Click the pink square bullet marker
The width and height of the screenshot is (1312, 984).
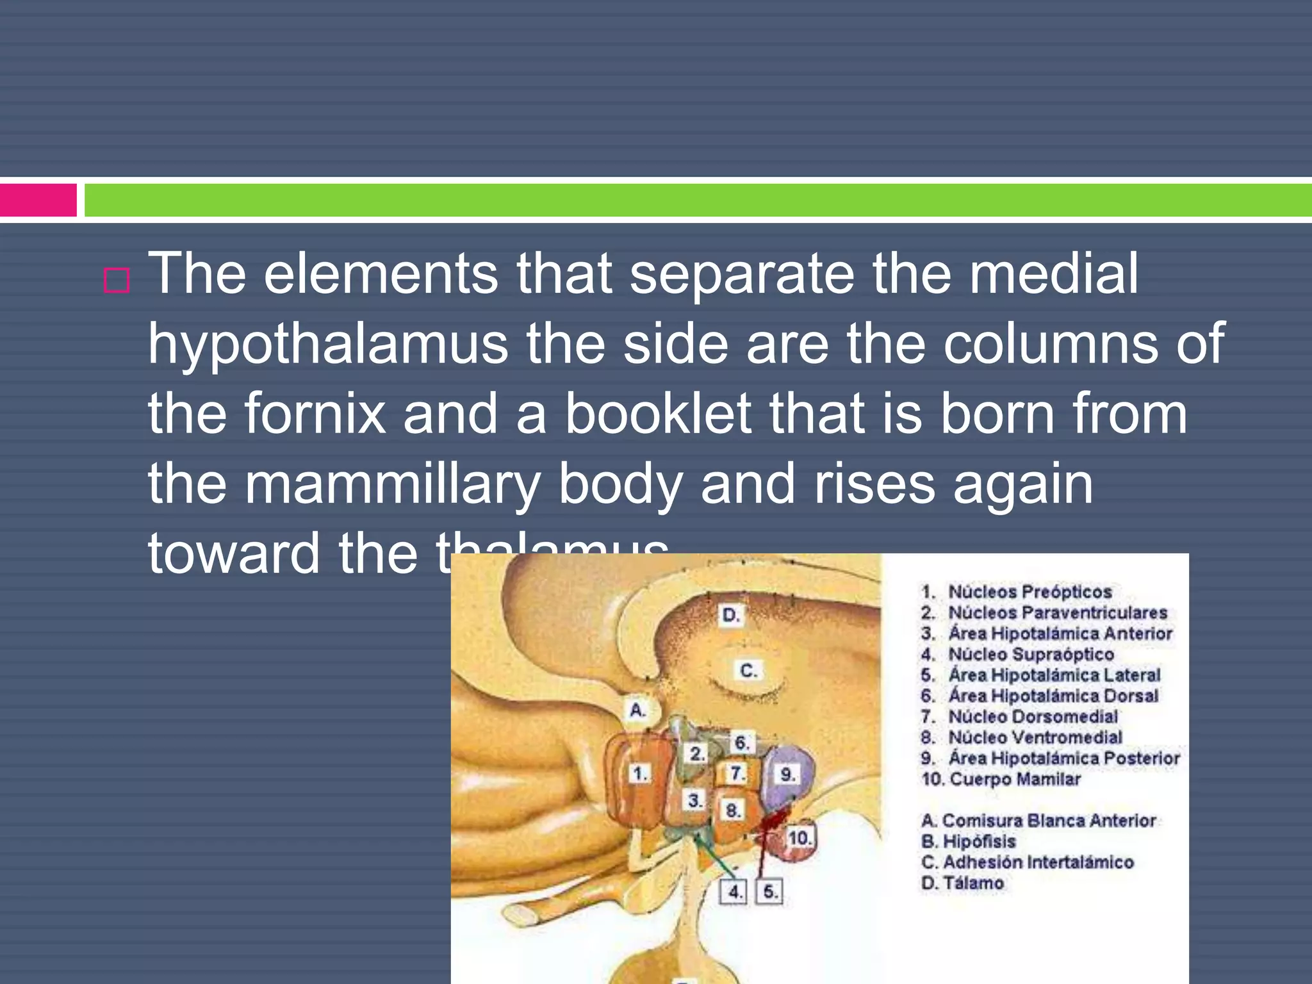(x=117, y=281)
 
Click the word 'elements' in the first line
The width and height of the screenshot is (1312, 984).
(x=381, y=274)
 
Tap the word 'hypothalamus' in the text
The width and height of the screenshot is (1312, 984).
(x=328, y=344)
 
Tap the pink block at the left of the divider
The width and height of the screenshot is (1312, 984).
(x=38, y=200)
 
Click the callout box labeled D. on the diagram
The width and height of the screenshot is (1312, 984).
(x=731, y=616)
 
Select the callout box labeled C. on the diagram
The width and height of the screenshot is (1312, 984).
(x=748, y=670)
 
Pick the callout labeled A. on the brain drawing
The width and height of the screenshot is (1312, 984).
(x=637, y=710)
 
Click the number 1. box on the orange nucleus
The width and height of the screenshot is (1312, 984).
(x=639, y=773)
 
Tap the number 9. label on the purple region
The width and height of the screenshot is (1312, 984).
(x=788, y=774)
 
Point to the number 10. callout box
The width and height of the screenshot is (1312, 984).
(x=799, y=837)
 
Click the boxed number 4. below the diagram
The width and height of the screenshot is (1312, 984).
(x=735, y=891)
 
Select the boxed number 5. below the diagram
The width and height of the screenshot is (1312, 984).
(x=770, y=891)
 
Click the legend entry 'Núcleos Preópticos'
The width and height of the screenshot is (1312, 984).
(x=1029, y=591)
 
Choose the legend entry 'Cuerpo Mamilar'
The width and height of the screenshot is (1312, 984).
(x=1015, y=779)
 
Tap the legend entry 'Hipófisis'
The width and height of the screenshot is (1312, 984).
(x=979, y=841)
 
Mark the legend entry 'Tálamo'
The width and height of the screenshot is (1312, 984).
(x=972, y=883)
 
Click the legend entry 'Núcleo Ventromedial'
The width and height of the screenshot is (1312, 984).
(x=1035, y=737)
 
